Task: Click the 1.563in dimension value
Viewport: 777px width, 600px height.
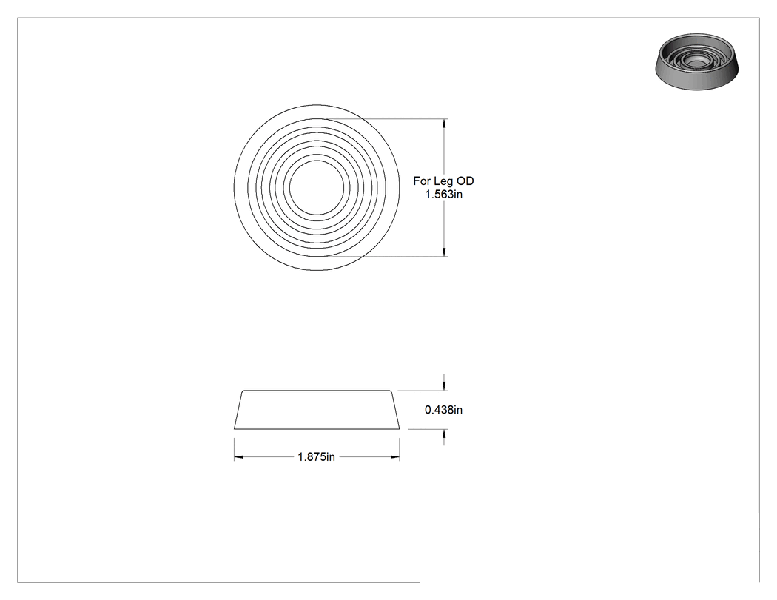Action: click(443, 195)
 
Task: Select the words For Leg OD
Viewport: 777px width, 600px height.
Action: click(443, 181)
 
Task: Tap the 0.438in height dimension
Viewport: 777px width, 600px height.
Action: click(443, 410)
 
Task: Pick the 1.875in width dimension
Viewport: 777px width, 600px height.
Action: click(316, 456)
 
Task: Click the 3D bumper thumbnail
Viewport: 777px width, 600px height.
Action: click(697, 62)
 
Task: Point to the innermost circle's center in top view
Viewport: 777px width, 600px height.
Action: click(316, 188)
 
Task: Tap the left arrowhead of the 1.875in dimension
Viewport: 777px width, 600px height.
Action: click(239, 456)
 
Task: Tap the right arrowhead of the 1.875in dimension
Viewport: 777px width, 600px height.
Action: click(394, 456)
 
